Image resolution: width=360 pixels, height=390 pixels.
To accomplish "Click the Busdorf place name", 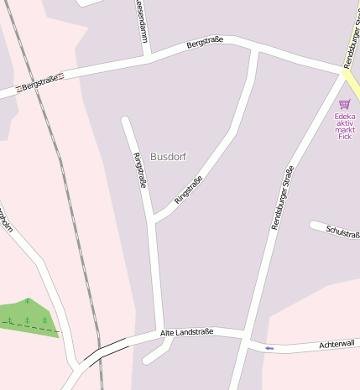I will click(168, 157).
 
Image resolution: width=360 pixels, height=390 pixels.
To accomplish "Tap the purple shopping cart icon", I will click(344, 104).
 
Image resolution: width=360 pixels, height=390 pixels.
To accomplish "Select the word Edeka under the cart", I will click(344, 116).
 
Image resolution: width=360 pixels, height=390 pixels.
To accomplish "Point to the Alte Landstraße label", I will click(187, 332).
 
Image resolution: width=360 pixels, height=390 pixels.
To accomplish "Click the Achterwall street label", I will click(338, 344).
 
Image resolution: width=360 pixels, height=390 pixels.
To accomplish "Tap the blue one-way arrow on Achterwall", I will click(269, 347).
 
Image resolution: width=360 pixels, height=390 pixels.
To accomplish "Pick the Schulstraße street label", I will click(342, 231).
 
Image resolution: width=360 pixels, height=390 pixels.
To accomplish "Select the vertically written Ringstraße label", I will click(139, 170).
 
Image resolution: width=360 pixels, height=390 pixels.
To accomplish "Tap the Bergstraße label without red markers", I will click(205, 41).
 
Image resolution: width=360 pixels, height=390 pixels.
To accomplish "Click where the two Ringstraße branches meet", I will click(154, 221).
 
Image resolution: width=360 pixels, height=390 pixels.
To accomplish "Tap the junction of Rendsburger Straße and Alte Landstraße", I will click(245, 335).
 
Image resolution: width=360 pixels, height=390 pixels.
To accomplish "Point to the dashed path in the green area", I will click(34, 326).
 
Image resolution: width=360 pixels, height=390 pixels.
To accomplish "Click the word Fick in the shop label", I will click(344, 136).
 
